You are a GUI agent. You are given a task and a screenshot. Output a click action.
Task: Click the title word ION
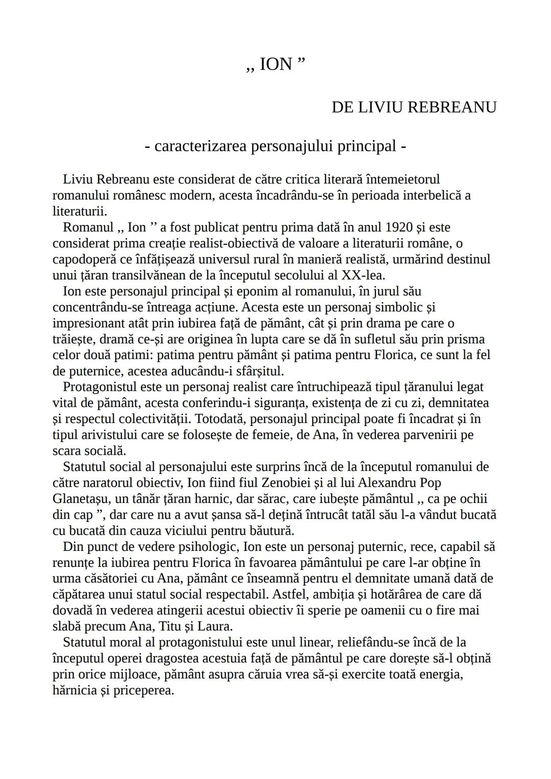276,64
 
